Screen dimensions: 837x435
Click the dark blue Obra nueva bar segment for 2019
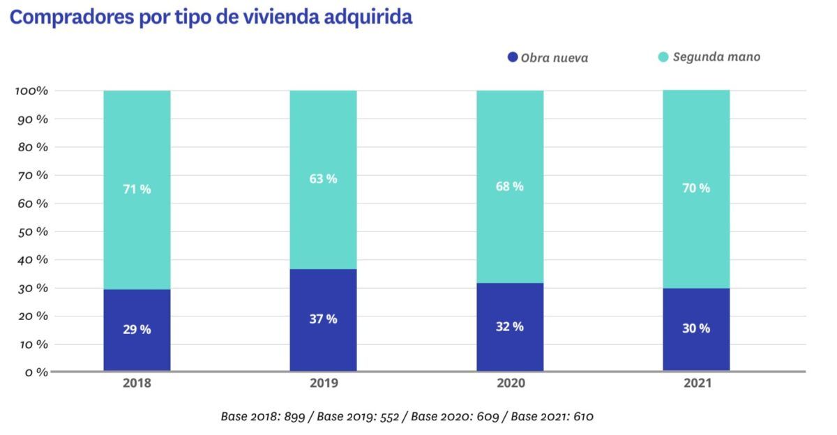(323, 320)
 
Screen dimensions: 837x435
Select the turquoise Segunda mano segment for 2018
(137, 190)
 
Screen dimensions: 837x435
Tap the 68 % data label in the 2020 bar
(510, 186)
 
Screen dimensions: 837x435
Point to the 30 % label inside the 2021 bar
(696, 328)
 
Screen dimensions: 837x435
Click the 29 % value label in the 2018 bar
(137, 329)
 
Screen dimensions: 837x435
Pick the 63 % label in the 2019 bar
(323, 179)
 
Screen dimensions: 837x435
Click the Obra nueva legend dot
(513, 57)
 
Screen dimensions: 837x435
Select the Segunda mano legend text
(717, 56)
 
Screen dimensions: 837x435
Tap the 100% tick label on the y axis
(32, 91)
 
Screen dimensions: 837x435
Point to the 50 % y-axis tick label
(33, 232)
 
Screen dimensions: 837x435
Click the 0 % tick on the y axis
(36, 372)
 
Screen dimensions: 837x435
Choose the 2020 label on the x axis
(511, 383)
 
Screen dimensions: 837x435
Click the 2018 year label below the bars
(137, 383)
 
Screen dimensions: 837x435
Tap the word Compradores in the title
(72, 17)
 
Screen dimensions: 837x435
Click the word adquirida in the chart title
(368, 17)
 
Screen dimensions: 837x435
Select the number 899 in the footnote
(294, 416)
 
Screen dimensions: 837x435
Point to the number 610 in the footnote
(583, 416)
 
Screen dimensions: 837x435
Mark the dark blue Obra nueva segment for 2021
(696, 330)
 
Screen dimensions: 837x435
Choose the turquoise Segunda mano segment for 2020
(510, 187)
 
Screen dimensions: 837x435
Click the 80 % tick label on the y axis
(33, 147)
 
